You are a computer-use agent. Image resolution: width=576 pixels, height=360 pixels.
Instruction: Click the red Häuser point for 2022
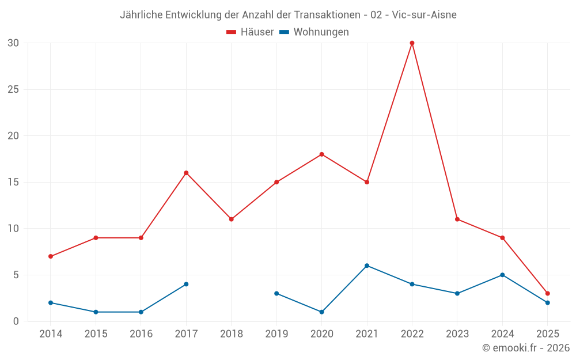412,43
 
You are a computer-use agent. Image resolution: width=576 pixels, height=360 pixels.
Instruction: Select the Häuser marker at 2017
186,173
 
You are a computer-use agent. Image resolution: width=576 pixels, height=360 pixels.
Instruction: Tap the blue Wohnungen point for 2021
367,266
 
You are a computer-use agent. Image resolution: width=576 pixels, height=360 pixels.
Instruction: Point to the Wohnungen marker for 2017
186,284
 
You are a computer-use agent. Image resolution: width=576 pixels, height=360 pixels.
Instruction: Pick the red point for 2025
547,293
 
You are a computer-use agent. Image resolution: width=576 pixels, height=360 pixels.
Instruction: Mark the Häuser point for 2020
321,154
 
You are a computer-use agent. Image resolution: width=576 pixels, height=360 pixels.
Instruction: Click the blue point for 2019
276,293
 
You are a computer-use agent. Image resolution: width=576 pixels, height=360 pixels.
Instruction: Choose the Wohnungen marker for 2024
502,275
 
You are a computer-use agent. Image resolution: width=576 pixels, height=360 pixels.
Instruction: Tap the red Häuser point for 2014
51,256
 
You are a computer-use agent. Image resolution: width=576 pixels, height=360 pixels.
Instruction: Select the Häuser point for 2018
231,219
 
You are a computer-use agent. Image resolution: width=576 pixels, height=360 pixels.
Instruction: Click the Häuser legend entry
250,32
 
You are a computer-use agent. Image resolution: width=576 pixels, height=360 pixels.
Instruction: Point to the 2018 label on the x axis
231,334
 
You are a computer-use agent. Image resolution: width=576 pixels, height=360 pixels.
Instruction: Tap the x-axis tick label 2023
457,334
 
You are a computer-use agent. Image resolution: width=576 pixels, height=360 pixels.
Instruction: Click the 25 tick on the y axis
13,89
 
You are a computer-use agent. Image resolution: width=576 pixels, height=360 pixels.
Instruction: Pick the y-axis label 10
13,229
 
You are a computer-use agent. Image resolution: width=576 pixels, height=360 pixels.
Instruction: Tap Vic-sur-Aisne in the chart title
424,15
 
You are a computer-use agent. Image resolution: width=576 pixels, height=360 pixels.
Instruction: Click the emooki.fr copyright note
526,348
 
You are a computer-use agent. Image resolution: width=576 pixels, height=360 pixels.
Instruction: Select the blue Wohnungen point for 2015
96,312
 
